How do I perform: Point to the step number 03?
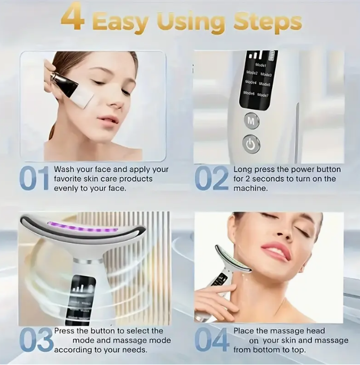click(36, 340)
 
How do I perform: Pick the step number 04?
click(212, 340)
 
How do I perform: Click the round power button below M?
click(251, 143)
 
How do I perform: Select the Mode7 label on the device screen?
click(263, 95)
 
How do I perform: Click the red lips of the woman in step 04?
click(276, 251)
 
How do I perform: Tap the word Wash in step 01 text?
click(65, 169)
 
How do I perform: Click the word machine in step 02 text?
click(250, 189)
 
